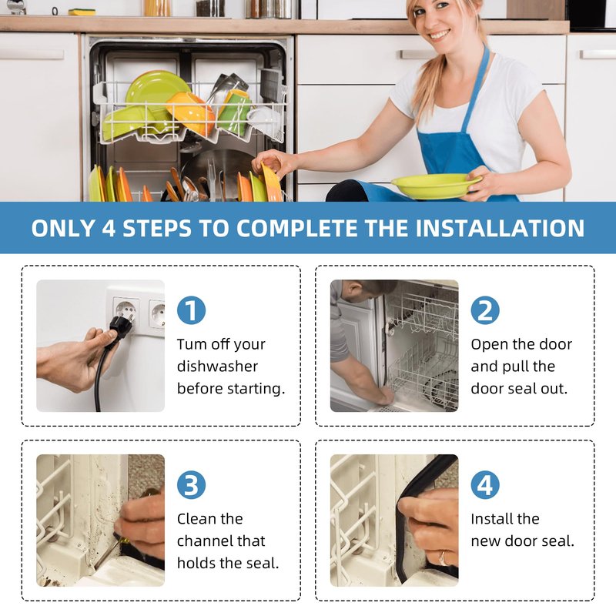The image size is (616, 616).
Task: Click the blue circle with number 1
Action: click(x=191, y=310)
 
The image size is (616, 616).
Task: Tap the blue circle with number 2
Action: click(x=485, y=310)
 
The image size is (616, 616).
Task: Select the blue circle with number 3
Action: click(x=191, y=485)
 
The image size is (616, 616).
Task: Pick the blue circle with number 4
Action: click(x=485, y=485)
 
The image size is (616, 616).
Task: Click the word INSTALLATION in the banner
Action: click(x=500, y=228)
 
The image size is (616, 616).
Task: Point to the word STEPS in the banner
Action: click(x=157, y=228)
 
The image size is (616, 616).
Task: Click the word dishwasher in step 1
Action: click(x=217, y=367)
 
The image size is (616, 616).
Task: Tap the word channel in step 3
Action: click(x=221, y=541)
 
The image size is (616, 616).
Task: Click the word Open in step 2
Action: click(x=489, y=345)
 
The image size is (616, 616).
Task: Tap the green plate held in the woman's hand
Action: click(x=436, y=185)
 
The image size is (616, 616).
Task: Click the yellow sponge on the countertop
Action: click(x=82, y=12)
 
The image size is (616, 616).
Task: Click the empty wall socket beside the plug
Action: click(x=157, y=314)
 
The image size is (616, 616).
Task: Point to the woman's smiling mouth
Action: click(x=439, y=35)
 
